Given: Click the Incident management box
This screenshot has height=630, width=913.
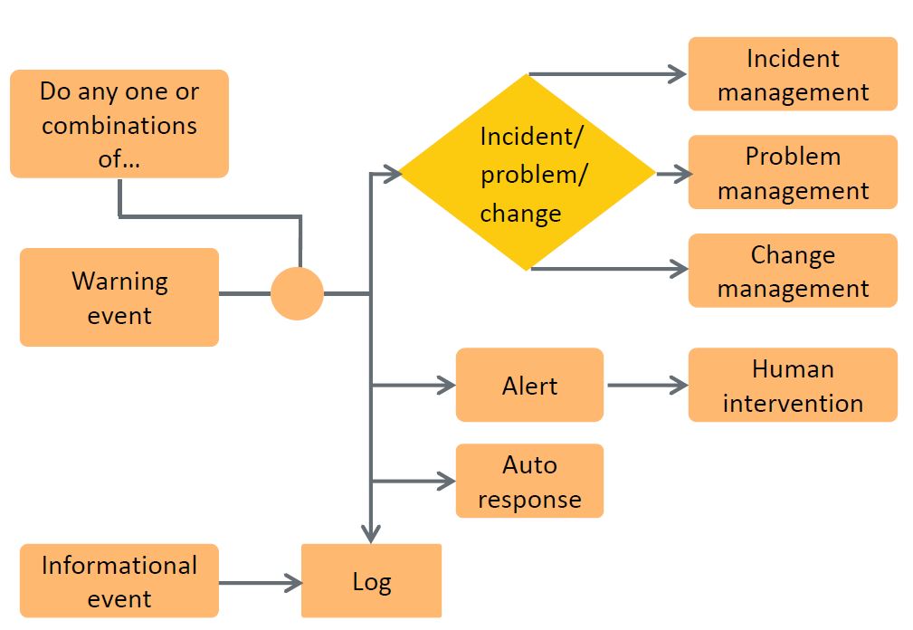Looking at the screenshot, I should [x=793, y=74].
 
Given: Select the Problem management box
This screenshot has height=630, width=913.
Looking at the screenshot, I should [x=793, y=172].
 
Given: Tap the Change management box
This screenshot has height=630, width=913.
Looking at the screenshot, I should [x=793, y=271].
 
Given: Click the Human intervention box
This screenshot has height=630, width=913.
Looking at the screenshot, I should [x=793, y=385].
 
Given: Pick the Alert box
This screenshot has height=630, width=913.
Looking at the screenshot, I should [x=529, y=385].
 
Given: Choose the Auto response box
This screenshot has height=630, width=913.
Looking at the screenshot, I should [x=529, y=481].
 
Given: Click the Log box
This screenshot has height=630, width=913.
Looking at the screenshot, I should [x=371, y=581].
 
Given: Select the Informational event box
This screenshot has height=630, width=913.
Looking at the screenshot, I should [x=119, y=581].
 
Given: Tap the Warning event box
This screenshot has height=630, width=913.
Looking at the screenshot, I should [x=119, y=297].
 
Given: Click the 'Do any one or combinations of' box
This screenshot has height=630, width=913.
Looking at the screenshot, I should [x=119, y=124].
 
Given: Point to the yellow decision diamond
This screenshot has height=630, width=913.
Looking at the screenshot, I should [x=528, y=172].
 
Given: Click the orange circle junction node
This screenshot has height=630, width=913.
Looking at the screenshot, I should [x=297, y=294].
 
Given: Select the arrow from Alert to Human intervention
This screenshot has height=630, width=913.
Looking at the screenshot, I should [x=646, y=385].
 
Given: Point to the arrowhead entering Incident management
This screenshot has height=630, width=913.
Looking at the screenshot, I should [x=678, y=74].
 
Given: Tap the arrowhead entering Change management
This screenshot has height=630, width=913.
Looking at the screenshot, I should [x=678, y=269].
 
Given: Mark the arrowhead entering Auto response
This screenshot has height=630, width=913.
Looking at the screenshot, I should [x=445, y=481].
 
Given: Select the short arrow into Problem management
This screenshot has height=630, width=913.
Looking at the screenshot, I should [x=672, y=173].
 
